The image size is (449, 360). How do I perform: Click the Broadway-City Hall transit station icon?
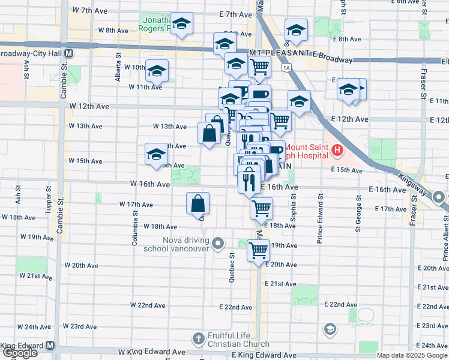(69, 53)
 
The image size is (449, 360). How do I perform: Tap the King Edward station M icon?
(50, 346)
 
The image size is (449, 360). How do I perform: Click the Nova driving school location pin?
(218, 244)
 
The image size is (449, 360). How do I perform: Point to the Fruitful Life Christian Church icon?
(198, 338)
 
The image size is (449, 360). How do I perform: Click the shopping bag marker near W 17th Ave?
(197, 204)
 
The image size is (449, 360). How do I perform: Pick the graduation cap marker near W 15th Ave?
(156, 154)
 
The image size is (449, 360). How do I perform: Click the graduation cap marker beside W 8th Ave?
(181, 25)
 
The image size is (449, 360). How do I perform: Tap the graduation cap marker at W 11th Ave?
(157, 71)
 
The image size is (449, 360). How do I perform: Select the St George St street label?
(358, 217)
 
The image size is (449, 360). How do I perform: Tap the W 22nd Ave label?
(148, 305)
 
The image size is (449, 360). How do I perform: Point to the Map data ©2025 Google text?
(412, 355)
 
